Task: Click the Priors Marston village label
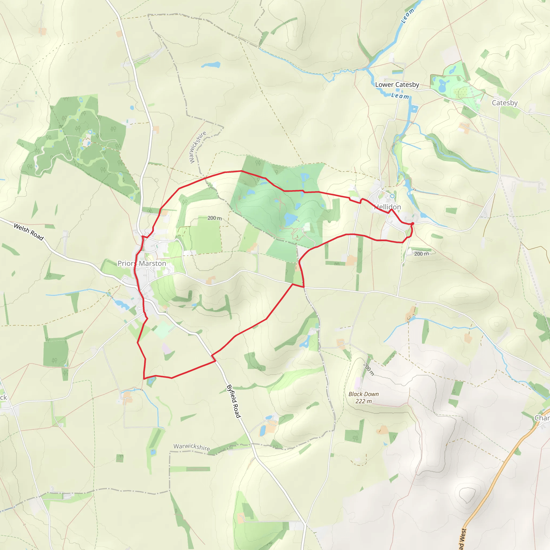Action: point(142,263)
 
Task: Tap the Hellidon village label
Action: point(388,207)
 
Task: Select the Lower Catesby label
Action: point(397,85)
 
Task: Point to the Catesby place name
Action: point(504,103)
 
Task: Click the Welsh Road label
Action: point(29,232)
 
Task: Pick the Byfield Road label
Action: point(234,401)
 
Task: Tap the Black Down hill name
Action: point(364,394)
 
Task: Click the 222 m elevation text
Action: point(364,401)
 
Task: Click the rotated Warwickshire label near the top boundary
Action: point(198,147)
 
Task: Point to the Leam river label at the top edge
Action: point(407,15)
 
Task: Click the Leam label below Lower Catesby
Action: point(400,96)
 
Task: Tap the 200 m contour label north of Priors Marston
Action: point(214,218)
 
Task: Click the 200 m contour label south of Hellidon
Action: point(421,254)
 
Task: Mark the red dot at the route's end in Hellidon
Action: point(412,224)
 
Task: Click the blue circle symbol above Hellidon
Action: point(392,196)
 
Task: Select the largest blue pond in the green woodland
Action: point(290,219)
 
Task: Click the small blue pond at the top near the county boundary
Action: point(211,65)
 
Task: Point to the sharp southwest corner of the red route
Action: point(144,379)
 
